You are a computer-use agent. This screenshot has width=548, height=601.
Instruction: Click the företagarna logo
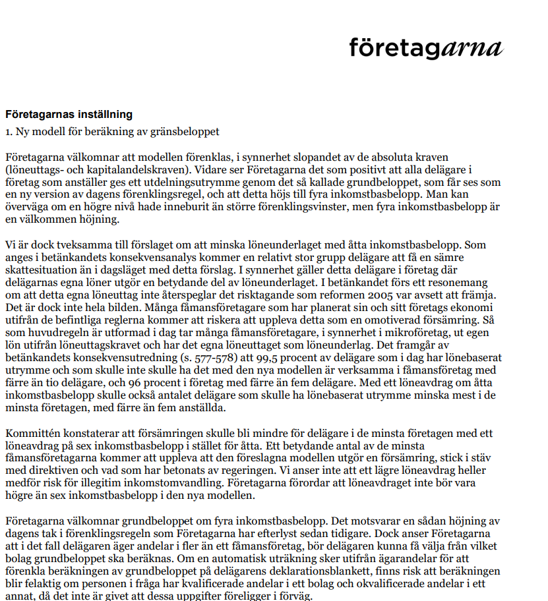click(425, 47)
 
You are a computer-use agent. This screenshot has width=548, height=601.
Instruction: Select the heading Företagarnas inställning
click(69, 114)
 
